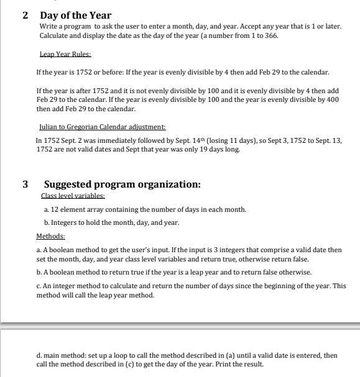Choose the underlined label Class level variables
click(x=72, y=194)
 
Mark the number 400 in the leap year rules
click(x=333, y=100)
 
